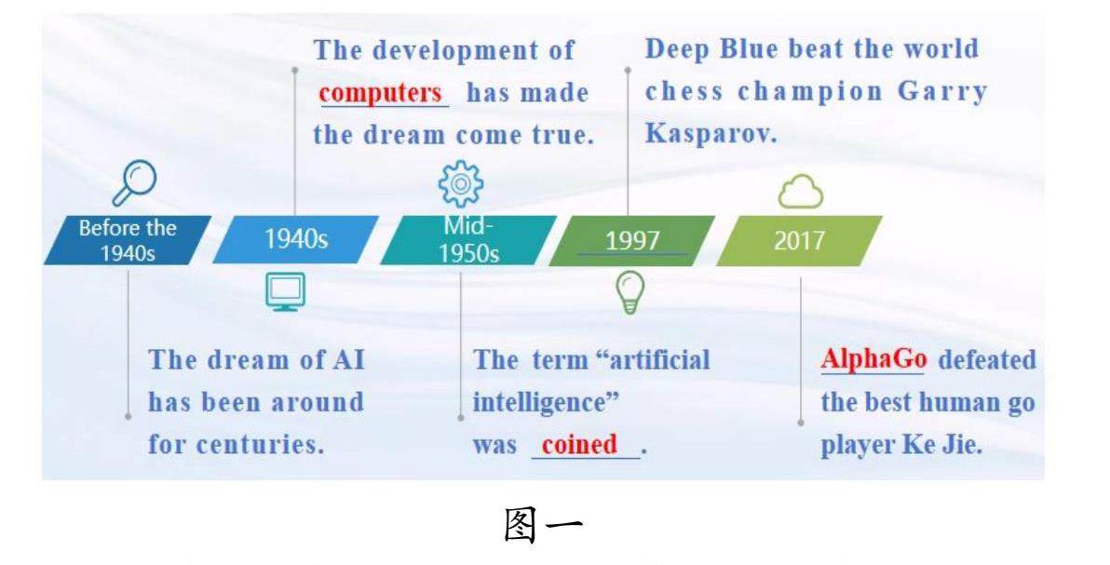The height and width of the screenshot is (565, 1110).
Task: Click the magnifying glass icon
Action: (x=134, y=182)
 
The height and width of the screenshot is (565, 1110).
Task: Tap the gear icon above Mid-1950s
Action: (x=461, y=184)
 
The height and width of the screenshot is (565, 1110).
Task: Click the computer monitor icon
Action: (x=285, y=291)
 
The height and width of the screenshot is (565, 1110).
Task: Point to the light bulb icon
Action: (x=630, y=291)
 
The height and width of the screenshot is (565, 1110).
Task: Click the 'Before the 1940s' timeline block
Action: (x=128, y=240)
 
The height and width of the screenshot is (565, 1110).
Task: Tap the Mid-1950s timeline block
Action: (x=467, y=240)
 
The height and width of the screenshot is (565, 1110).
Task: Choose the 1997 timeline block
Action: (x=631, y=241)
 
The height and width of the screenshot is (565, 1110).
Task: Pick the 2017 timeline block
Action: (x=799, y=241)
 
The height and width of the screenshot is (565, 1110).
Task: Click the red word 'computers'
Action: (x=381, y=93)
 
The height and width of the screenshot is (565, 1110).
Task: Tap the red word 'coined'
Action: (x=579, y=444)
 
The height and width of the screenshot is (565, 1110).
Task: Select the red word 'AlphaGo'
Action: (x=873, y=359)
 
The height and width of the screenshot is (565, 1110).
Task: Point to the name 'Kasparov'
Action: (x=711, y=133)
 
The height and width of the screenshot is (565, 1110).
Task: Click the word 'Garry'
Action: (x=942, y=92)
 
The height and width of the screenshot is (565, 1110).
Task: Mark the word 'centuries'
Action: (x=260, y=445)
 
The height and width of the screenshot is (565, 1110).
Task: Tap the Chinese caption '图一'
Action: (x=543, y=526)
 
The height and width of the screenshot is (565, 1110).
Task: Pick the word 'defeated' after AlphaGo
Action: (x=987, y=359)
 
